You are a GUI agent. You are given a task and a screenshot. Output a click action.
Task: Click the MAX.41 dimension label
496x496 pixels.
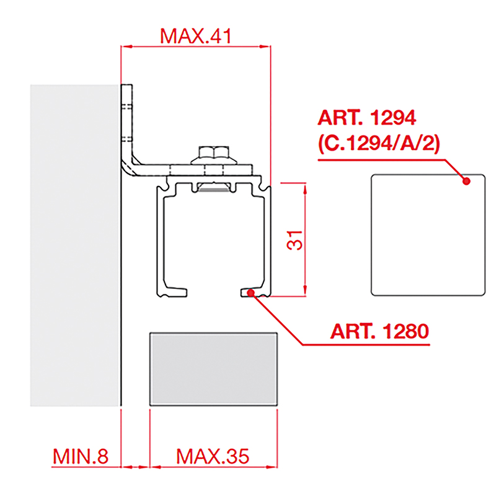[x=196, y=36]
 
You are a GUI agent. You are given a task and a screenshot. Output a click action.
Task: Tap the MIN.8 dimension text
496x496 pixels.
[x=81, y=456]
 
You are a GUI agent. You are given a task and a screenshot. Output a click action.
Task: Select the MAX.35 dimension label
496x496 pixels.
[x=213, y=456]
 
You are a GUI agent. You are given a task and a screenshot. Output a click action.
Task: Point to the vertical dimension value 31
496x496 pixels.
[x=294, y=241]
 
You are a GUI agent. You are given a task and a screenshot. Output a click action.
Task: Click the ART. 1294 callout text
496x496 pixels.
[x=367, y=118]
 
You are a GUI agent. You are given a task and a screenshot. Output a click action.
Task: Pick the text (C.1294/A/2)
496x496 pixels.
[x=379, y=144]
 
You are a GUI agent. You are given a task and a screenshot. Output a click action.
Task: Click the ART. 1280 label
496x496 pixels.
[x=379, y=331]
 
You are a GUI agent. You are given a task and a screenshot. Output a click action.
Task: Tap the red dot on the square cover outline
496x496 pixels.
[x=466, y=181]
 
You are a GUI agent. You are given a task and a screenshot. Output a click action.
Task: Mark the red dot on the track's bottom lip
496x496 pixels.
[x=251, y=293]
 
